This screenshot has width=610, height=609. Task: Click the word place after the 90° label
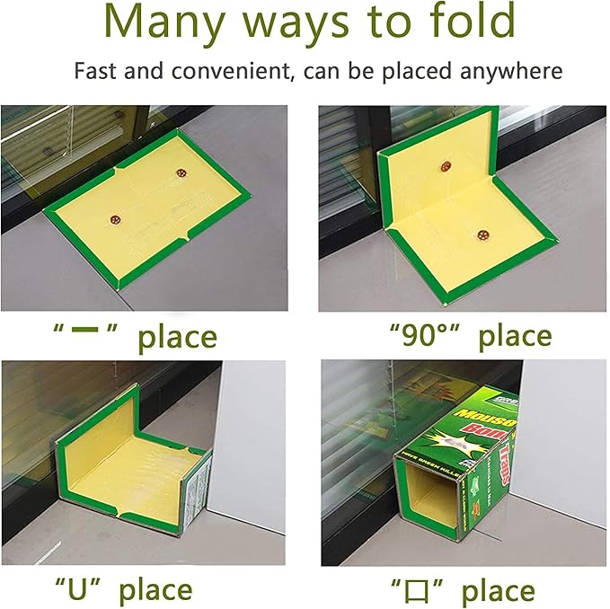[514, 337]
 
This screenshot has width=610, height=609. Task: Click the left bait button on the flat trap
[114, 216]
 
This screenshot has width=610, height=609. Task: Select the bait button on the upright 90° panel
[446, 165]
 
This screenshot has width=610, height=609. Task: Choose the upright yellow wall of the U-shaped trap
[99, 432]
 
